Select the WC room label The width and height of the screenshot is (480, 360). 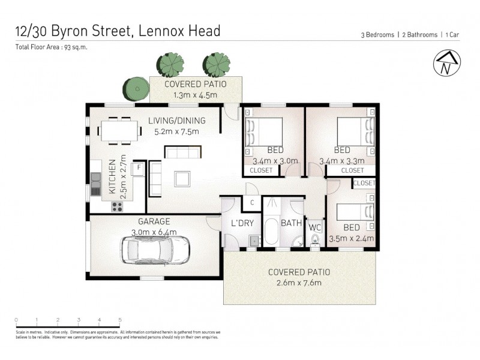[314, 227]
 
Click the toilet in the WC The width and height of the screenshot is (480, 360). [314, 241]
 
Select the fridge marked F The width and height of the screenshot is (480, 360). [138, 168]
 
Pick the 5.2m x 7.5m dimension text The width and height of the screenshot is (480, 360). [176, 131]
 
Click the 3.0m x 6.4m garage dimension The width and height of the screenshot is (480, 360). [154, 232]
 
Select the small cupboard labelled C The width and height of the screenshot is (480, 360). [252, 202]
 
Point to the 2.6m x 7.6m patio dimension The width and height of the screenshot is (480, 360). [299, 283]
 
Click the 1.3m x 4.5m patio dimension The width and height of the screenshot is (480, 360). [195, 95]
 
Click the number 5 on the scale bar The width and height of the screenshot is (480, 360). [120, 319]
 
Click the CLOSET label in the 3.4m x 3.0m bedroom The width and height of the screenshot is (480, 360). [260, 170]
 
